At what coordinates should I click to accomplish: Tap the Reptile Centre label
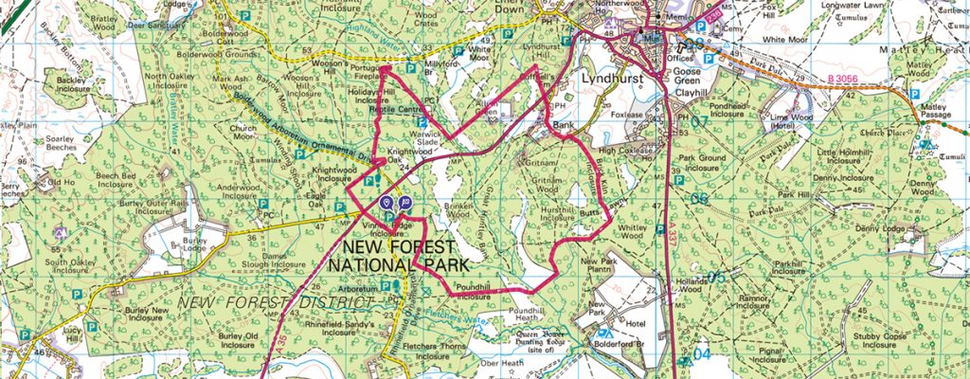click(395, 110)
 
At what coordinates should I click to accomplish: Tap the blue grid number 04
click(700, 353)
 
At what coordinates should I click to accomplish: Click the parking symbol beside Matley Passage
click(915, 95)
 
